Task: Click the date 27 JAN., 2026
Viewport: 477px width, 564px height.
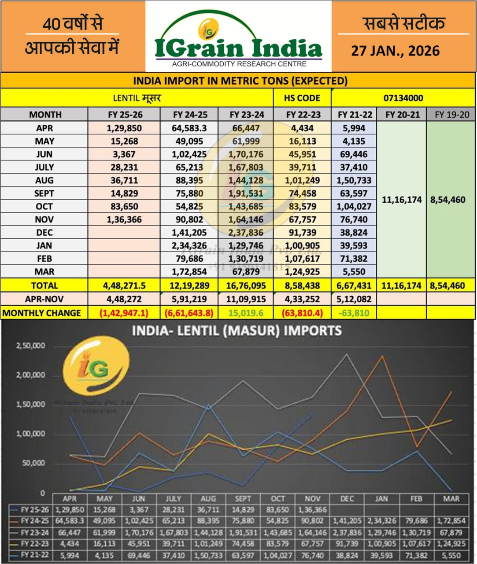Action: pos(395,51)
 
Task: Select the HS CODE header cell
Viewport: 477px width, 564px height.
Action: pos(302,98)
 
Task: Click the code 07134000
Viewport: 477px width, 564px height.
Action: pos(403,98)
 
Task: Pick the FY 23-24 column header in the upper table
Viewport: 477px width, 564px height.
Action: pos(247,115)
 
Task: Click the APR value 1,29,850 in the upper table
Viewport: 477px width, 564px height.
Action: pos(125,128)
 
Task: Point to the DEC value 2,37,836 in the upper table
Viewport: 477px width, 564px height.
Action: pos(247,232)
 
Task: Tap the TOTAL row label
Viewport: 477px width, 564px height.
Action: pos(44,286)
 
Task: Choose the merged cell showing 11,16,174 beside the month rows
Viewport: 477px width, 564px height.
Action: pos(402,200)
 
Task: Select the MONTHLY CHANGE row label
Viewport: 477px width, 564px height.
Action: pos(42,313)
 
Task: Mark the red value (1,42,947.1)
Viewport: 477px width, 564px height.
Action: pos(125,313)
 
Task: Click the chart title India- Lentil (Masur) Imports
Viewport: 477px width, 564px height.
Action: pos(237,330)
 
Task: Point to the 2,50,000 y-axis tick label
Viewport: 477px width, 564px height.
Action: pos(31,346)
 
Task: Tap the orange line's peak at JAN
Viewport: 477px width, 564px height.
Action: pos(382,355)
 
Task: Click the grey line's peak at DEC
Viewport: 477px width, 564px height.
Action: pos(347,353)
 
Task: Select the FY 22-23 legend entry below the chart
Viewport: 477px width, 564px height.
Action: pos(32,544)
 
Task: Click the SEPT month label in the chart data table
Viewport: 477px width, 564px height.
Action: pos(243,498)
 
